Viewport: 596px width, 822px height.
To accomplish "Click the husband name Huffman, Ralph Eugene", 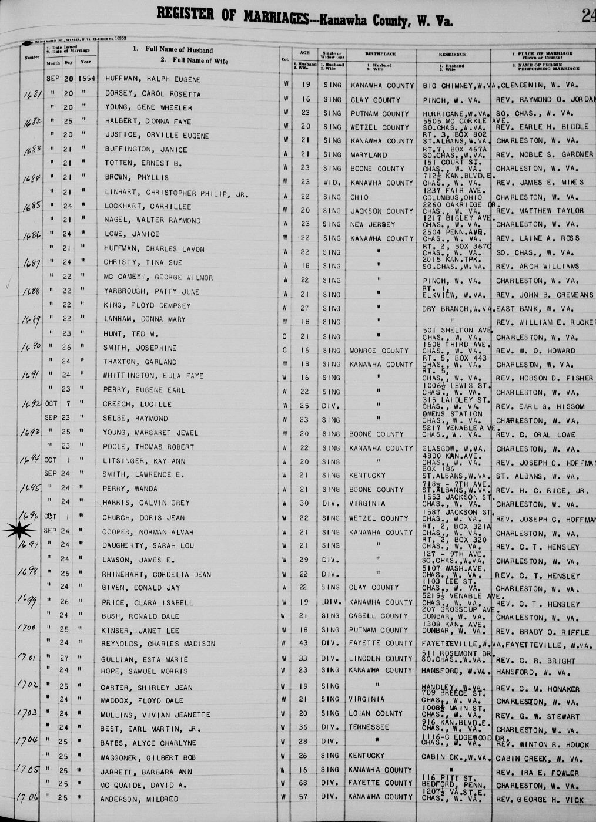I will (152, 79).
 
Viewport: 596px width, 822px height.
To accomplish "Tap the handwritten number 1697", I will (28, 545).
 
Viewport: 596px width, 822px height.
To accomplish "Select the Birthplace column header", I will (380, 54).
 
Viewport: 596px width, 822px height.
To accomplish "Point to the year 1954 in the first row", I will (86, 79).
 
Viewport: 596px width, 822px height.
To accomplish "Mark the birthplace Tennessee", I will (370, 727).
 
